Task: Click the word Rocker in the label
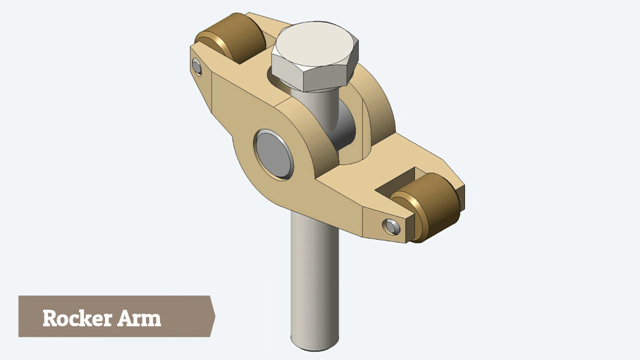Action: [x=77, y=318]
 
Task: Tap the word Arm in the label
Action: [x=139, y=318]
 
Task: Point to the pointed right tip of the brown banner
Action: [x=215, y=316]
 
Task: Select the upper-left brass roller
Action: [x=232, y=37]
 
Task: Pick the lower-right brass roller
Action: [x=427, y=207]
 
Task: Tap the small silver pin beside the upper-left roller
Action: [x=197, y=67]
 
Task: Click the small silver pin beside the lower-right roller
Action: [x=392, y=227]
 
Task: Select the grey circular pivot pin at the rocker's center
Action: [x=273, y=154]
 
